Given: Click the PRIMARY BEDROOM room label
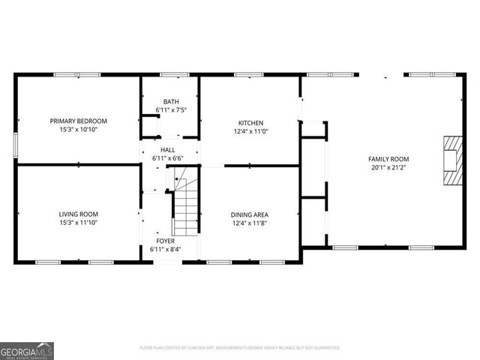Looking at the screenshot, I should [79, 121].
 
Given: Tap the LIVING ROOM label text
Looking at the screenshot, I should [79, 214].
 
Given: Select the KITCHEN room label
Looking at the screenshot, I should [250, 123].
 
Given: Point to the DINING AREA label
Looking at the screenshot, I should [250, 214].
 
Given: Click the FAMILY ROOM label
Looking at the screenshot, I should [388, 159].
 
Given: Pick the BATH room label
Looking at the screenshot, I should [171, 101].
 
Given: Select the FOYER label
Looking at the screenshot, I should [165, 241].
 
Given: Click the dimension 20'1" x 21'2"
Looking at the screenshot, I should [388, 168].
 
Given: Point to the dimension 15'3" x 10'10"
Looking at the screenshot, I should [79, 130].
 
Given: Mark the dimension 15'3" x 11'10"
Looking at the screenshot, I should [79, 223].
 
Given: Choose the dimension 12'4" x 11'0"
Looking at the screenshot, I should [250, 132].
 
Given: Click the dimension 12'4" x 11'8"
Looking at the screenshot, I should [250, 223].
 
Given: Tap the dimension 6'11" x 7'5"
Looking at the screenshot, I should [171, 110].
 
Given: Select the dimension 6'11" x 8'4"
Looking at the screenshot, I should [165, 249].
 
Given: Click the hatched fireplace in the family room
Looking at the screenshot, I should [452, 160].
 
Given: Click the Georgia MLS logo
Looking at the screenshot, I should [27, 350].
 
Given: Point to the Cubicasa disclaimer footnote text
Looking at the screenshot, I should [240, 348].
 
